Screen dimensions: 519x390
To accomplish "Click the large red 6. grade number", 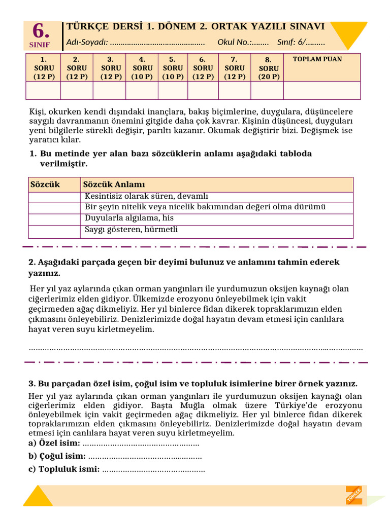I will coord(41,31).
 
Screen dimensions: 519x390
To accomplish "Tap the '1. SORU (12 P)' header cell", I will coord(43,68).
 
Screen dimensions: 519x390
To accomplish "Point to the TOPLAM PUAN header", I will coord(317,59).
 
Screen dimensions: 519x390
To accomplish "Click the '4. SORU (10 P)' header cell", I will coord(142,68).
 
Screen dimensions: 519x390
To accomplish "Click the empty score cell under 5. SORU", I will coord(173,90).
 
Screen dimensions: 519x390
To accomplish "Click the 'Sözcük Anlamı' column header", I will coord(114,184).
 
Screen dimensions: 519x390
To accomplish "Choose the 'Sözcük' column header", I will coord(45,184).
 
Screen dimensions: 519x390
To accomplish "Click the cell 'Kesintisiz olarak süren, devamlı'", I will coord(146,197).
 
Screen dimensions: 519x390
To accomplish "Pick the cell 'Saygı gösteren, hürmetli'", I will coord(131,230).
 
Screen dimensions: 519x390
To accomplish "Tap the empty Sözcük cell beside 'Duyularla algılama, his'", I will coord(54,219).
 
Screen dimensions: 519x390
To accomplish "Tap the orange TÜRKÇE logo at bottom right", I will coord(354,495).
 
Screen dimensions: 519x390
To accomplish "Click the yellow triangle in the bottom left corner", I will coord(38,497).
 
